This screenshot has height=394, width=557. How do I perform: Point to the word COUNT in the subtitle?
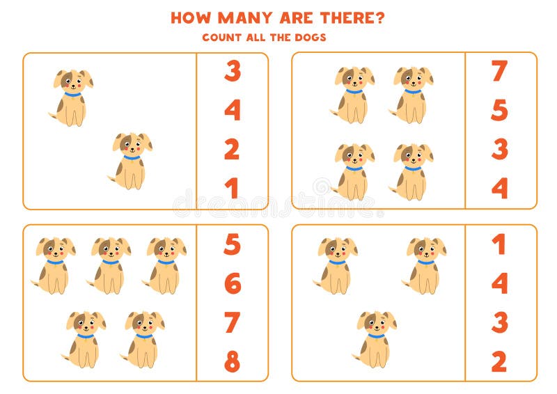[x=221, y=37]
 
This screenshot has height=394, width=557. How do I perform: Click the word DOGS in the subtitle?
[x=310, y=37]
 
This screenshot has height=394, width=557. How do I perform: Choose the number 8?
[x=232, y=361]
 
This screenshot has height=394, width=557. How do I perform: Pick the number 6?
[x=232, y=283]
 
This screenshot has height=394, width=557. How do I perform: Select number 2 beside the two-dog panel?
[x=232, y=149]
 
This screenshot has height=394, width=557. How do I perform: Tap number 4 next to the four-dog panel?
[x=499, y=188]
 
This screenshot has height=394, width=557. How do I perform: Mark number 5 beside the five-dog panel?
[x=232, y=244]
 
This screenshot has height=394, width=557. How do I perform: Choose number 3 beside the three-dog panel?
[x=499, y=322]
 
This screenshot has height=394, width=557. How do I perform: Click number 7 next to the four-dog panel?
[x=499, y=71]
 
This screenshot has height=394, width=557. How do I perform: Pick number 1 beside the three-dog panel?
[x=499, y=244]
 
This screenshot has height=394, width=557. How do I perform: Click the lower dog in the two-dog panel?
[x=131, y=161]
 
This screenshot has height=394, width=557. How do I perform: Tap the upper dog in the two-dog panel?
[x=71, y=98]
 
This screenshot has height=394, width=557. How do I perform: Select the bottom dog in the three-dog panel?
[x=375, y=339]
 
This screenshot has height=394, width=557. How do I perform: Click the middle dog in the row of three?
[x=109, y=265]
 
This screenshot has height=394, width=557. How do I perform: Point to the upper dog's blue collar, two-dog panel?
[x=72, y=94]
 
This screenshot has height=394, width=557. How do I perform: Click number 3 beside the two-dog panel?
[x=232, y=71]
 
